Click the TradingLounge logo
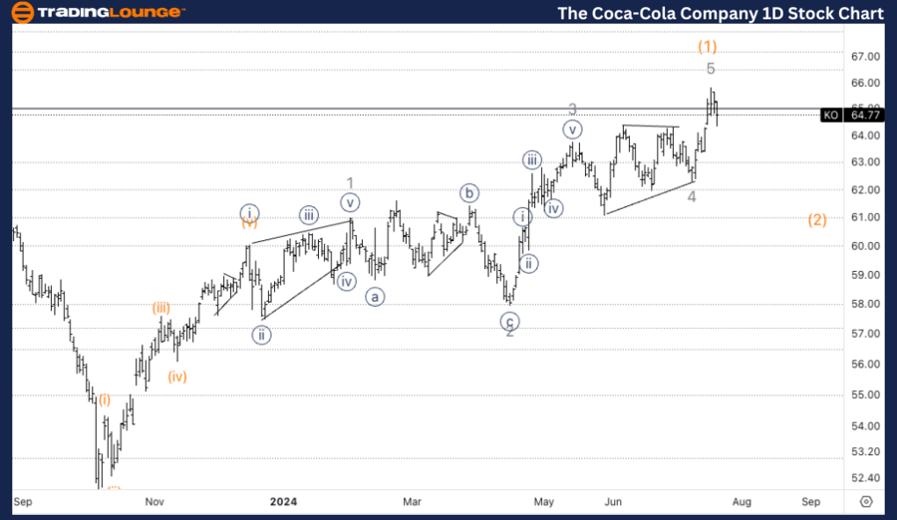tap(96, 13)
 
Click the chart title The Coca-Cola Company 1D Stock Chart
tap(721, 13)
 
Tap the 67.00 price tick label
tap(863, 57)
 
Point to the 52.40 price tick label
tap(863, 478)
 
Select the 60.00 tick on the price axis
tap(863, 246)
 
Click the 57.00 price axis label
tap(863, 334)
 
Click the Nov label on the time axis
tap(154, 501)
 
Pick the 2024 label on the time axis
tap(284, 501)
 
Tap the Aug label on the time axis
tap(742, 501)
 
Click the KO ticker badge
tap(830, 116)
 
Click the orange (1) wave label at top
tap(708, 46)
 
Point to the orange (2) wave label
tap(817, 220)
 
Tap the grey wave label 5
tap(711, 69)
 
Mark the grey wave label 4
tap(691, 196)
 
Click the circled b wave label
tap(468, 192)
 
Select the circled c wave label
tap(510, 321)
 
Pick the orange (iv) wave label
tap(177, 377)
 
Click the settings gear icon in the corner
tap(865, 501)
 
